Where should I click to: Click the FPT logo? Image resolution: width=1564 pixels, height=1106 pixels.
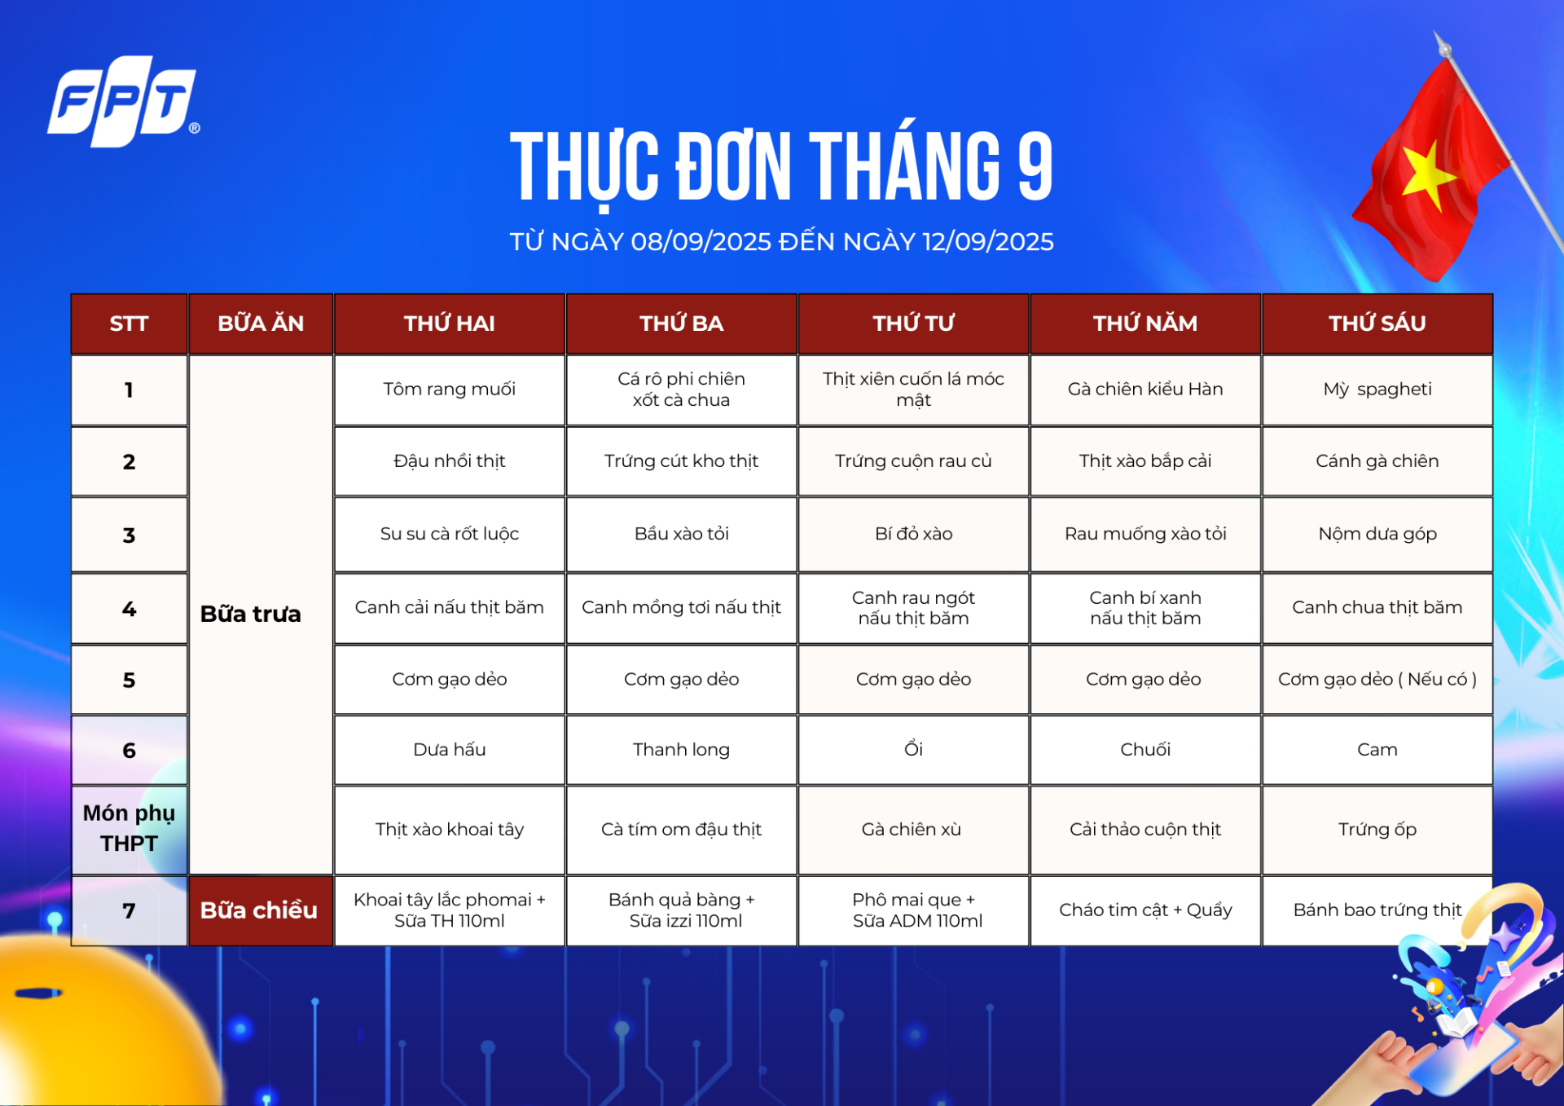pyautogui.click(x=123, y=101)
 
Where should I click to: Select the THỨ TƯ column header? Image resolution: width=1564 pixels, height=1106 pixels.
pyautogui.click(x=913, y=324)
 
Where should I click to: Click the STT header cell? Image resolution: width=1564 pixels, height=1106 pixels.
pyautogui.click(x=129, y=324)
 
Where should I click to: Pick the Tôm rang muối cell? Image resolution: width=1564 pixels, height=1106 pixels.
pyautogui.click(x=450, y=390)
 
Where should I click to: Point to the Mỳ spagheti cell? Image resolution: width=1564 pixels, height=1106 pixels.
pyautogui.click(x=1377, y=390)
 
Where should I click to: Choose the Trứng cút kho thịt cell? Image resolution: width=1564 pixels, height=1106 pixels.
pyautogui.click(x=681, y=461)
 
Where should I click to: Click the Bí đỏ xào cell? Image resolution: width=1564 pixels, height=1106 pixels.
pyautogui.click(x=913, y=534)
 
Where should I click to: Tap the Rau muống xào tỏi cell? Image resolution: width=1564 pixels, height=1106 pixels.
pyautogui.click(x=1145, y=534)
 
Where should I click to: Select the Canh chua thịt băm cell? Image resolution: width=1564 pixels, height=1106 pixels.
pyautogui.click(x=1377, y=608)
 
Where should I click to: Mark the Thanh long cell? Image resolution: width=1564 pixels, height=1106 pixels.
pyautogui.click(x=681, y=750)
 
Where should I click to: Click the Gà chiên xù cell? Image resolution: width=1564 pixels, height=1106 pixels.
pyautogui.click(x=913, y=830)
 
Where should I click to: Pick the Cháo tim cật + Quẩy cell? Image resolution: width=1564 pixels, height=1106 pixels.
pyautogui.click(x=1145, y=910)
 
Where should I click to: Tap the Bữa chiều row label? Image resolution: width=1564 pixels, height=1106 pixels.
pyautogui.click(x=259, y=910)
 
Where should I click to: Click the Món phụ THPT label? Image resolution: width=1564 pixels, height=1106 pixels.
pyautogui.click(x=129, y=828)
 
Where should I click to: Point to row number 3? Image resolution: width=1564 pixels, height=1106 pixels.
pyautogui.click(x=129, y=535)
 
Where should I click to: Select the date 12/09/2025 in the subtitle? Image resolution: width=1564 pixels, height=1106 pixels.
pyautogui.click(x=988, y=242)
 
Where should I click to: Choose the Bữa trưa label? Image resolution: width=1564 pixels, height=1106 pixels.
pyautogui.click(x=251, y=614)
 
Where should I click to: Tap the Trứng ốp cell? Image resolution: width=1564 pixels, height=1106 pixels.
pyautogui.click(x=1377, y=830)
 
